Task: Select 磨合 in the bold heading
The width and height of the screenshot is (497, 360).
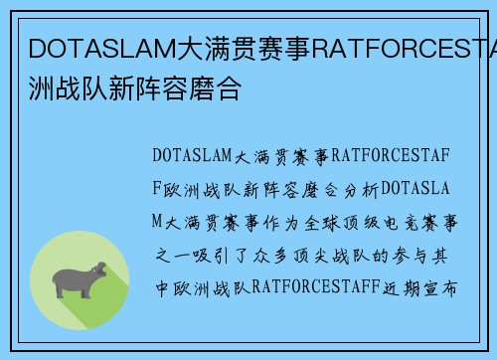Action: tap(215, 86)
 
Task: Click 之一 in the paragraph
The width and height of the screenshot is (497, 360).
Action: tap(166, 254)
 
